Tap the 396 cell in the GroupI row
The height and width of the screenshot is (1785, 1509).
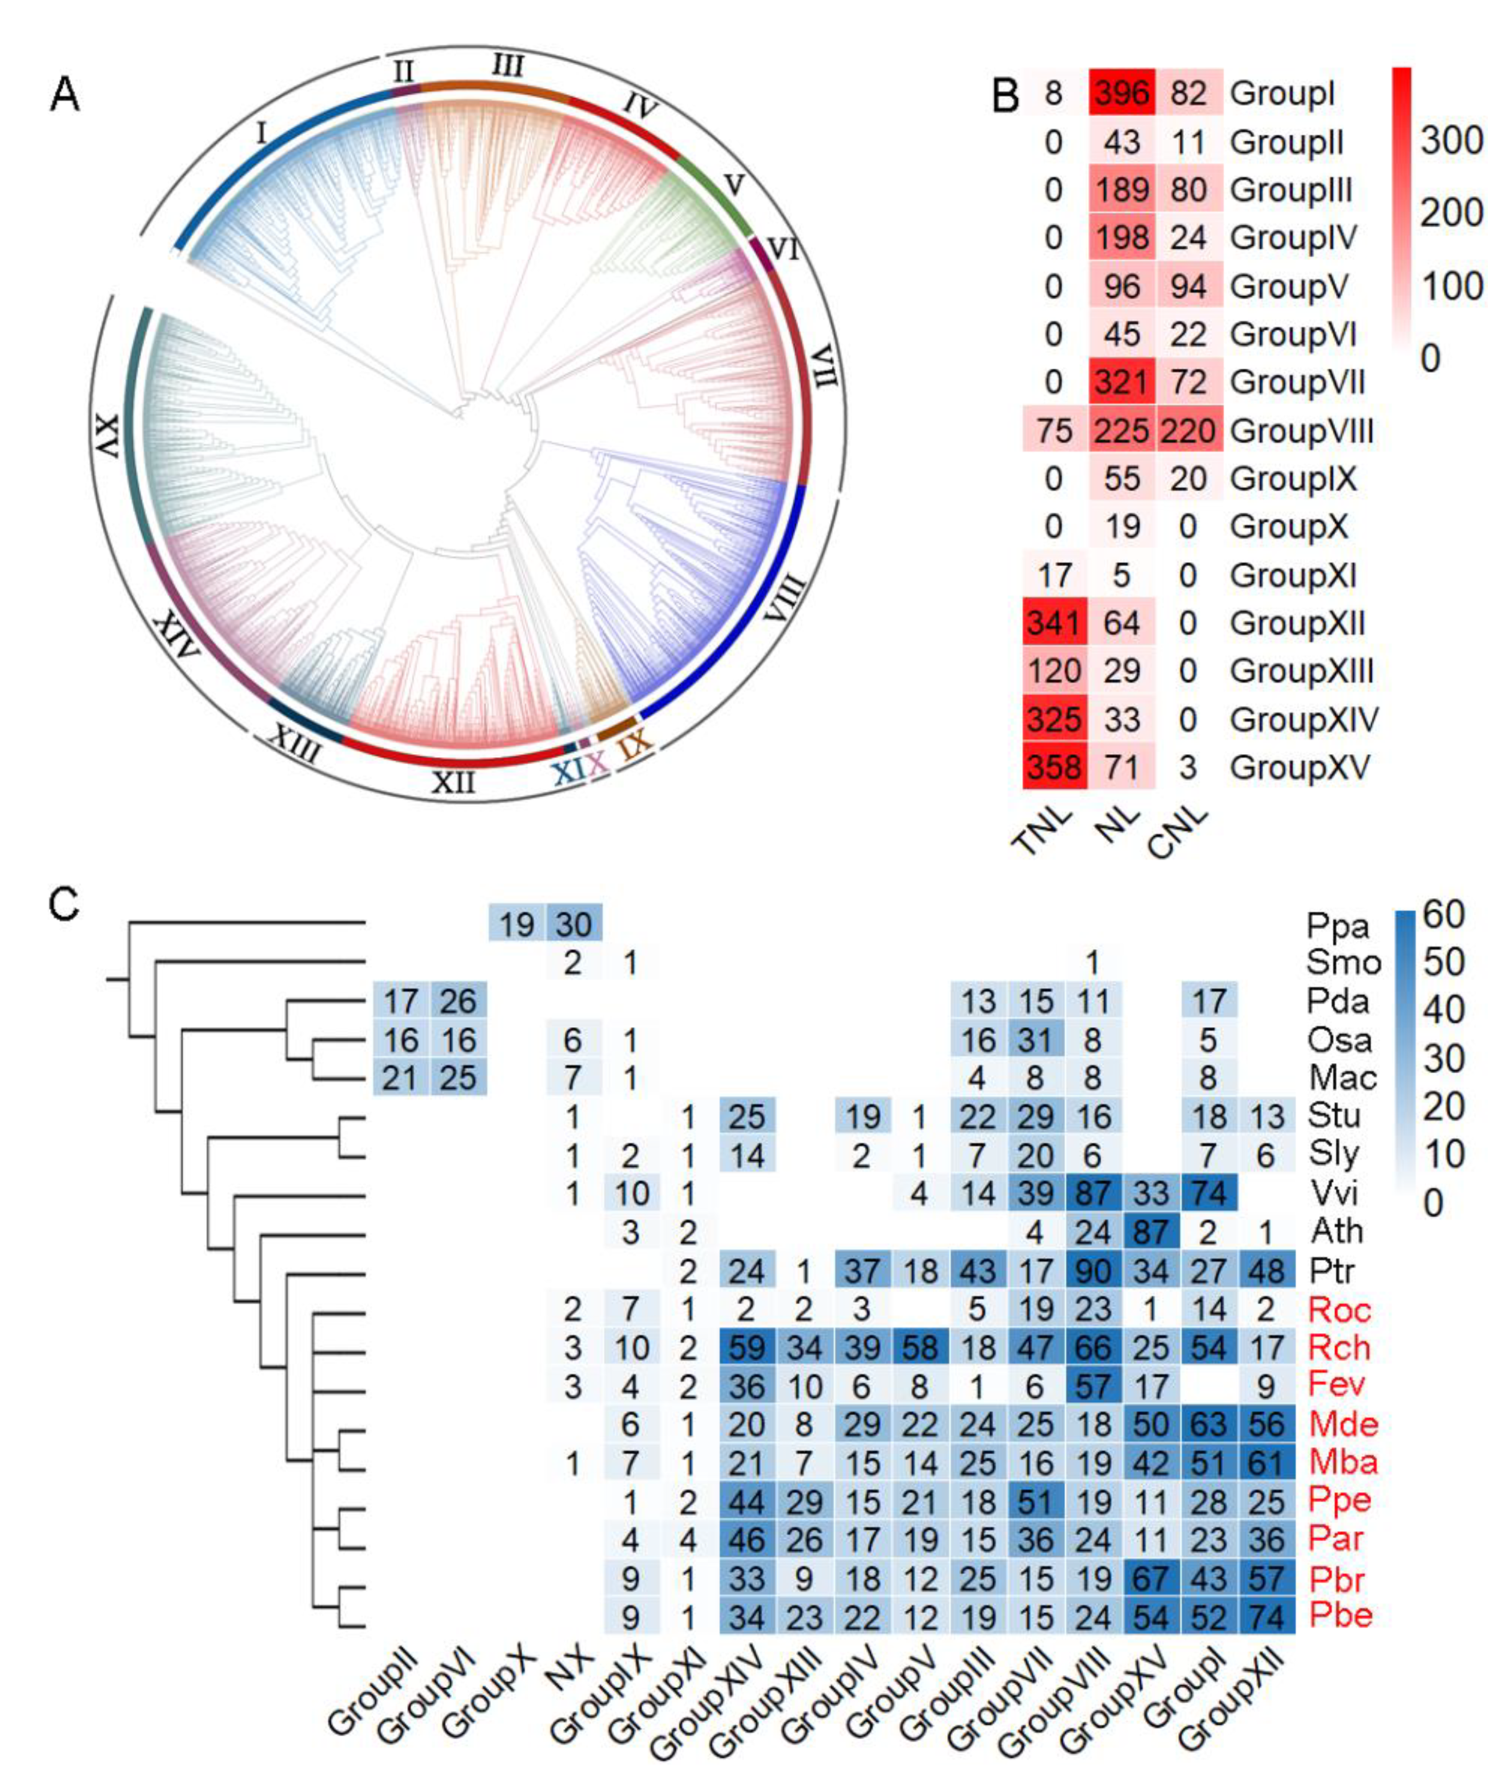point(1122,93)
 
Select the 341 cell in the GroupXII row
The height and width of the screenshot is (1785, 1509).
point(1054,623)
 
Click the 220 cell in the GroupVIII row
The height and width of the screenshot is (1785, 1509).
point(1188,430)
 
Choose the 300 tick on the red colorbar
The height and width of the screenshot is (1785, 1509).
point(1452,140)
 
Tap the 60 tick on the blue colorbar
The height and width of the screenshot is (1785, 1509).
point(1444,915)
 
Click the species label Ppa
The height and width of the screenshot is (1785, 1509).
point(1338,925)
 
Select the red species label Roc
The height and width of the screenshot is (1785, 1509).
point(1340,1310)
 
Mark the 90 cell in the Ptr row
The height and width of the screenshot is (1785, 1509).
point(1092,1271)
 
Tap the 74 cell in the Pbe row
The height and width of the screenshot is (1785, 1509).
point(1266,1617)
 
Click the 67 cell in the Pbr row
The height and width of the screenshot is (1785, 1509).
point(1151,1579)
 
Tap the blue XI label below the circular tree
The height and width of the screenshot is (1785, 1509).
point(567,771)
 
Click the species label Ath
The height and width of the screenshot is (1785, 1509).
point(1336,1231)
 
